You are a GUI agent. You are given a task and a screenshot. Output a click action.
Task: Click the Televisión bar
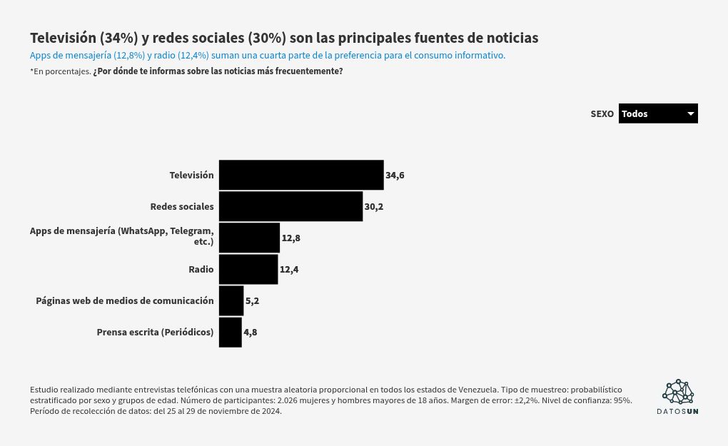301,175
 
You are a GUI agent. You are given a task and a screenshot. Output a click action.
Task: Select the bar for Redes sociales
290,206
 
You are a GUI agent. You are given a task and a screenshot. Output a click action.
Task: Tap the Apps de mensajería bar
249,238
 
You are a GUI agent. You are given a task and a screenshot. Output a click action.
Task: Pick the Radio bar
248,269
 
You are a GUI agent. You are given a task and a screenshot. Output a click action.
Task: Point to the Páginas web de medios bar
231,300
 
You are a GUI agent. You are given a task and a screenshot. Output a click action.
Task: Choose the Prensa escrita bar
231,333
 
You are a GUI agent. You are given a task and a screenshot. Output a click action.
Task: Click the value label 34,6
395,176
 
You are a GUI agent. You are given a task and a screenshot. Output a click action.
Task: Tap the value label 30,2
374,206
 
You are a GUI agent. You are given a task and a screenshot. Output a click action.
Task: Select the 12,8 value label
291,238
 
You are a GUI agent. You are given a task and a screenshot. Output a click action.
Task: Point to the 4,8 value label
251,333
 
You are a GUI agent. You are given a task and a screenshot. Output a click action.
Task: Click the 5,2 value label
252,300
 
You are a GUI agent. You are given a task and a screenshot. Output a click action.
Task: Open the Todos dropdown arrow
690,113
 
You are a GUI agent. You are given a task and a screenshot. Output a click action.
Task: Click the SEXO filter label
602,113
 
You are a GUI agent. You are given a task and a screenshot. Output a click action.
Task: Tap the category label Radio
201,269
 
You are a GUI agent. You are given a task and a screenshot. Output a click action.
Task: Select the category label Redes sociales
182,206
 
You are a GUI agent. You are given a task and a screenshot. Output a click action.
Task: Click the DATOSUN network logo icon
678,392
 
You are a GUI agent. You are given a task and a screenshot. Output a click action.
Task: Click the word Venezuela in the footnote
477,390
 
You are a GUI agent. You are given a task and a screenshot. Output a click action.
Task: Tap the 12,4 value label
289,269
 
